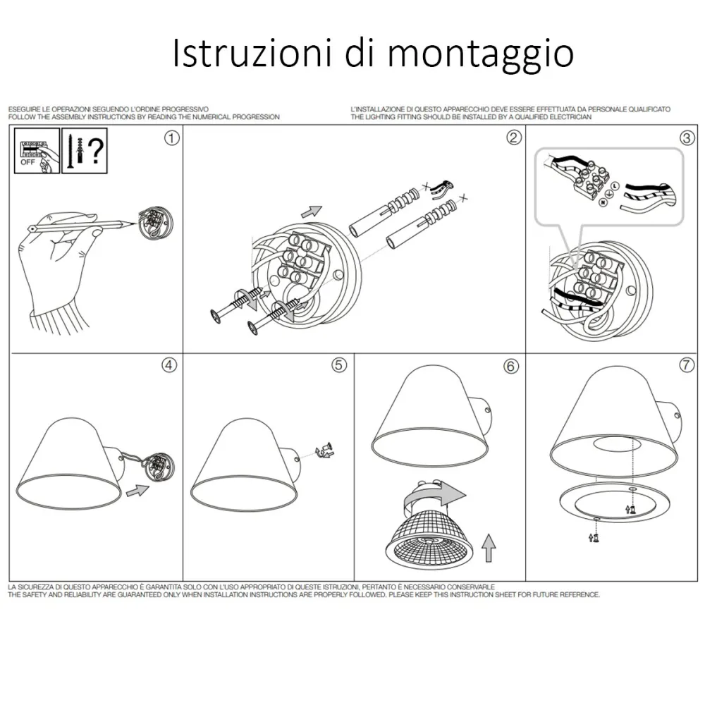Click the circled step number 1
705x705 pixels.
172,137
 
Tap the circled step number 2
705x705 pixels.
514,137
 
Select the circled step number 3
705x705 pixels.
686,137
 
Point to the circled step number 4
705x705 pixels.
169,365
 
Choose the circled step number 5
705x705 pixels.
339,365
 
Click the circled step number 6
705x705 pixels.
510,366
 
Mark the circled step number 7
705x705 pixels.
686,364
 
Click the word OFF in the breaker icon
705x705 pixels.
27,162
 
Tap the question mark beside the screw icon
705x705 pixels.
96,151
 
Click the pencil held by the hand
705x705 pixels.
81,224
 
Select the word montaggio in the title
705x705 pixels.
481,54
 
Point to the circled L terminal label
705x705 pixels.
615,185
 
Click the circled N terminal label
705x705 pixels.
603,202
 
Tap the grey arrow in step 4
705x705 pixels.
137,491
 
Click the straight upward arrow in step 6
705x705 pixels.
489,548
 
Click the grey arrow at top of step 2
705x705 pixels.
312,211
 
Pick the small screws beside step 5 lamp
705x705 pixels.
324,450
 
